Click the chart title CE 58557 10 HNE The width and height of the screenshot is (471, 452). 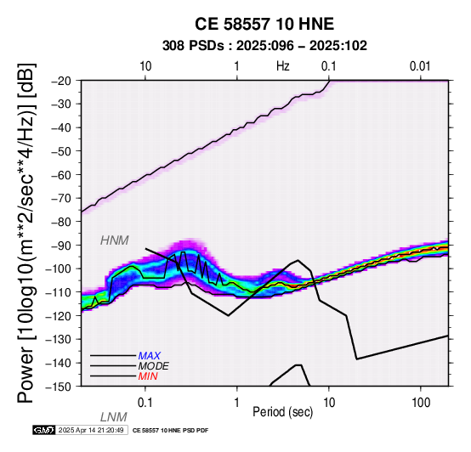coord(264,24)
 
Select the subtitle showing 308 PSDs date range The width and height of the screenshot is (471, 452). coord(264,46)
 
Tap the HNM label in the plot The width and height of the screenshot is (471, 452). coord(115,240)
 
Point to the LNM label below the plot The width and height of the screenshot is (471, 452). coord(113,417)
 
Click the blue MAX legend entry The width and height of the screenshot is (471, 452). coord(149,356)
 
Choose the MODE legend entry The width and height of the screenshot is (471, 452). coord(153,366)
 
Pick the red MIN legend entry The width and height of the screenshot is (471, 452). coord(148,376)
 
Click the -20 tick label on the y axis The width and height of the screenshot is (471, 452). coord(62,81)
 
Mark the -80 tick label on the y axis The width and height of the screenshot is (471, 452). coord(62,222)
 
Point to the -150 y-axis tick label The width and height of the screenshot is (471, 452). coord(59,387)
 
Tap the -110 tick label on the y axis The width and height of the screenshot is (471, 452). coord(59,292)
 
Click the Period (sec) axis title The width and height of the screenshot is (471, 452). coord(282,412)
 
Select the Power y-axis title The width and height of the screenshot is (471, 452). coord(26,234)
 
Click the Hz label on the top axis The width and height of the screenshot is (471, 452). coord(283,66)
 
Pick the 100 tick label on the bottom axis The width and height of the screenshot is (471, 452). coord(421,403)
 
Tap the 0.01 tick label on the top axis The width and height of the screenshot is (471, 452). coord(420,66)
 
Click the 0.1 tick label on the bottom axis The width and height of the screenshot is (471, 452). coord(145,403)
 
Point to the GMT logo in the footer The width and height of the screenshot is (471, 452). coord(44,430)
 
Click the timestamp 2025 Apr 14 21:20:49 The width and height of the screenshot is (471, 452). coord(91,430)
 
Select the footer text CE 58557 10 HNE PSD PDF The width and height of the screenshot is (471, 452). coord(170,431)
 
